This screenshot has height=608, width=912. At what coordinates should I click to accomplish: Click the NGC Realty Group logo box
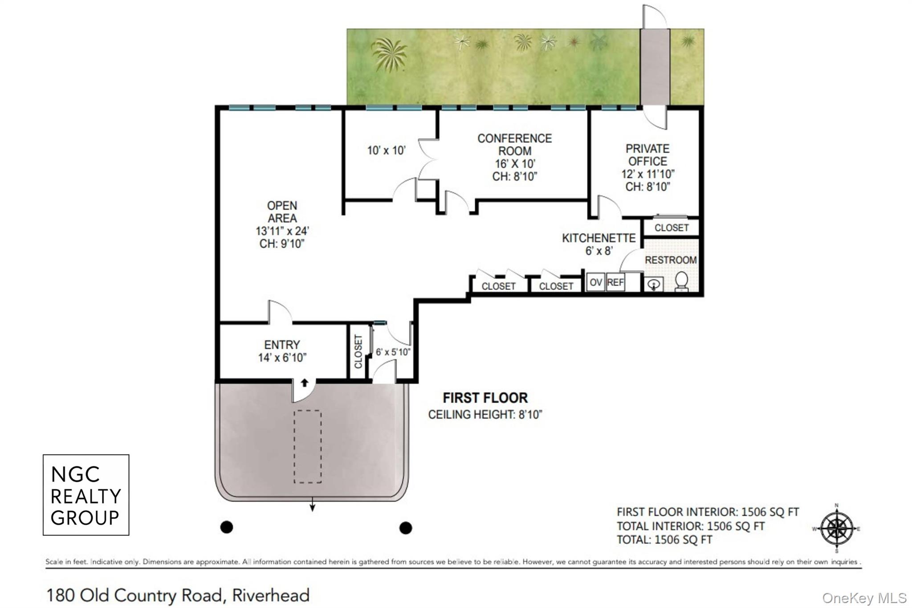[86, 494]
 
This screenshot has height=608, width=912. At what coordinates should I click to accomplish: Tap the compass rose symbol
[837, 529]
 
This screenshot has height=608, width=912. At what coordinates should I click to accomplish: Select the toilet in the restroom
[682, 282]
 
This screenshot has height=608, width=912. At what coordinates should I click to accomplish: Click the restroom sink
[654, 284]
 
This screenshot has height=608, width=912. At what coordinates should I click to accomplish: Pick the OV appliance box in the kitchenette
[596, 282]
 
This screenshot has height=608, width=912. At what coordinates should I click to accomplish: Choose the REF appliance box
[615, 282]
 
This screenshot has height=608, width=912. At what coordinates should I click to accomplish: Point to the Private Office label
[647, 155]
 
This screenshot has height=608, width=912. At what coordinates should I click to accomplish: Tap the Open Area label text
[282, 212]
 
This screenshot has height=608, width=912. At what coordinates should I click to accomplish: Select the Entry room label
[282, 345]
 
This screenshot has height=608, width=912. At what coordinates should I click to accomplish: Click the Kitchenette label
[598, 238]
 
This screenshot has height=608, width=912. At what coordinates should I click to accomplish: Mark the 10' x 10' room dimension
[386, 151]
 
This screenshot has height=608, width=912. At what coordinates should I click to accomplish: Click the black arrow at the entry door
[305, 383]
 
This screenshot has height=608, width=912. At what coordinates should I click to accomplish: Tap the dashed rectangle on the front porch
[307, 446]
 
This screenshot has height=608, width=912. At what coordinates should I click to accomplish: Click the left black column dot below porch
[227, 527]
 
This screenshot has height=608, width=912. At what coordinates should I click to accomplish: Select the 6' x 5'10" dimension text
[393, 352]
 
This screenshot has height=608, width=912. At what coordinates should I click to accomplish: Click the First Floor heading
[485, 397]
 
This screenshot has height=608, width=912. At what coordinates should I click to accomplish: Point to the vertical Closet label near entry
[358, 351]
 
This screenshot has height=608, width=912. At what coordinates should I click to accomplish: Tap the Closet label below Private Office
[672, 228]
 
